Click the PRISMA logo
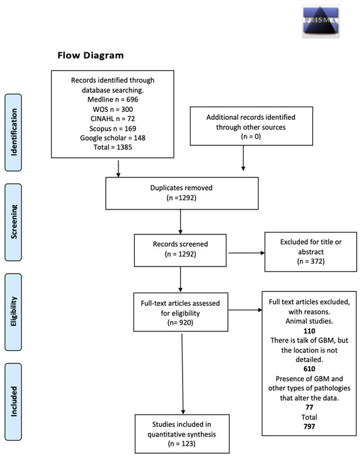321,21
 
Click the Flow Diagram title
90,55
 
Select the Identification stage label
13,132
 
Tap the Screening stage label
13,222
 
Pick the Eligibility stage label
13,312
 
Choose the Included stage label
13,401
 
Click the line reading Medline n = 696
113,100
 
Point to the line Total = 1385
113,147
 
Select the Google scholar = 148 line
113,138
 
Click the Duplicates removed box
182,193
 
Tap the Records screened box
180,250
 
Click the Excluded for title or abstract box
311,252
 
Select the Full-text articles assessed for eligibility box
181,312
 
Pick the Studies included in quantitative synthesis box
182,434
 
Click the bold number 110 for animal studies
310,331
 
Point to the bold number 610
310,369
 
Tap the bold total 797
310,426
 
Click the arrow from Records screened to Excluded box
247,253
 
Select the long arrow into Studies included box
183,374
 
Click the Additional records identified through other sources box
251,126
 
